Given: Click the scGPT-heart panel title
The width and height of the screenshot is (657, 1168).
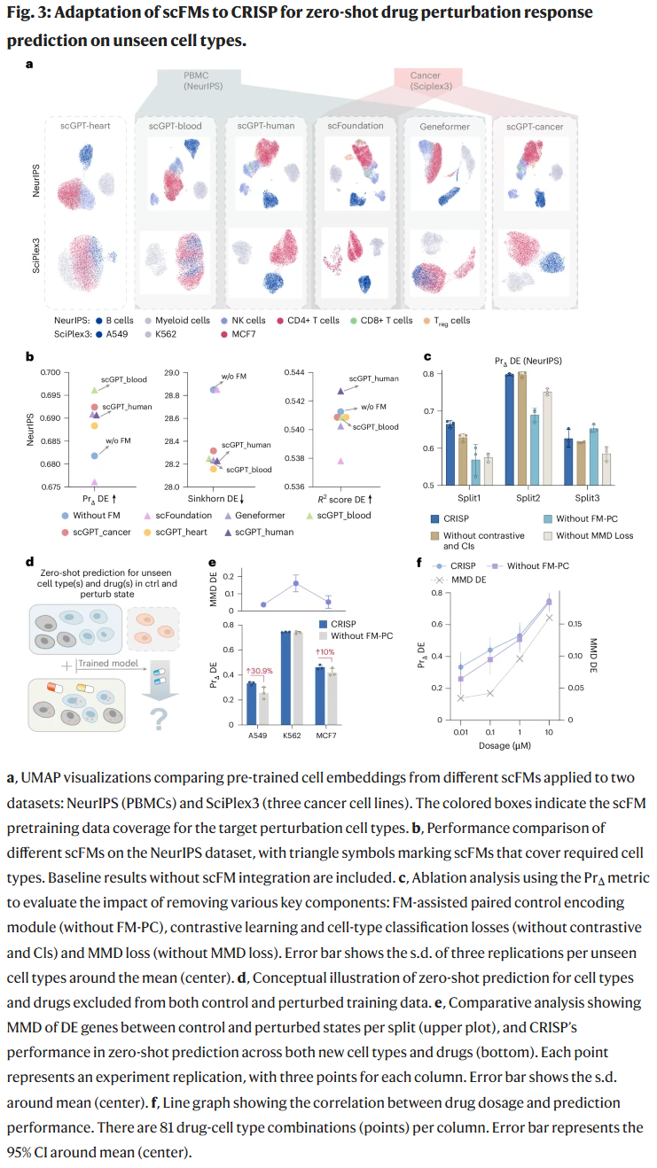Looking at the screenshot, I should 85,126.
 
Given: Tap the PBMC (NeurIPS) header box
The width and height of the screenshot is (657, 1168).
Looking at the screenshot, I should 201,81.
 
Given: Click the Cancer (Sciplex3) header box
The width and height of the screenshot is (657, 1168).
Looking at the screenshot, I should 425,81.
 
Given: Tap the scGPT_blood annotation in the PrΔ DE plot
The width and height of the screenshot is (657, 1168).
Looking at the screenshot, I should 123,379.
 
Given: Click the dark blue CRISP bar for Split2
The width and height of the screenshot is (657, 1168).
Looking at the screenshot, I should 510,430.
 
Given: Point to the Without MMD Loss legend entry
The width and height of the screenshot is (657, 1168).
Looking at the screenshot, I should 591,534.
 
